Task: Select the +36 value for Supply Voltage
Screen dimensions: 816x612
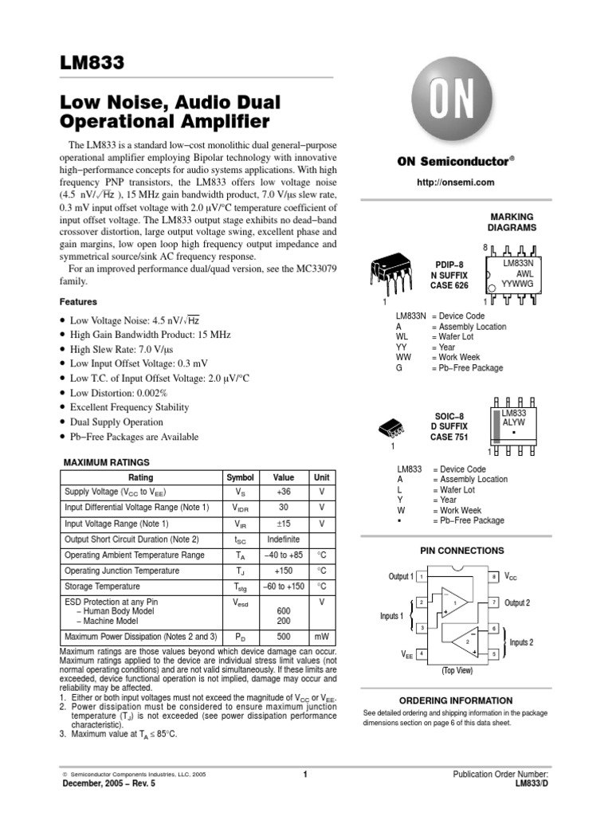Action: click(x=284, y=492)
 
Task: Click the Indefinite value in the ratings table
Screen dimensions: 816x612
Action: click(x=284, y=539)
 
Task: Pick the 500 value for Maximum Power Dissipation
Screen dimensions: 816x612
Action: click(x=284, y=637)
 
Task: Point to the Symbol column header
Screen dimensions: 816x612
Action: click(x=241, y=477)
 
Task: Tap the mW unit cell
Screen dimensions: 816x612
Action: click(x=321, y=637)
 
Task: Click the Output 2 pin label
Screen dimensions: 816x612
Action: click(x=516, y=602)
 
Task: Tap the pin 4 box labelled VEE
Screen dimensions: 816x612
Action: click(x=421, y=653)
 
